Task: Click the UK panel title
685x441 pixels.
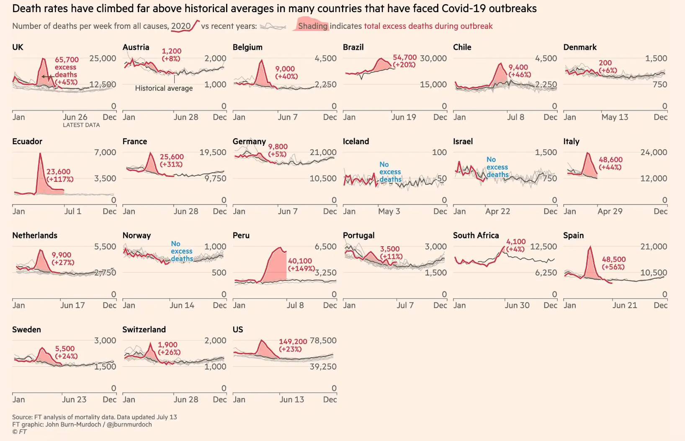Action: (x=18, y=47)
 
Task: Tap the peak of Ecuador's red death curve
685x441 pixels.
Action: (x=40, y=153)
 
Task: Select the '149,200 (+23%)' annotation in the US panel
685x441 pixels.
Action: (x=293, y=345)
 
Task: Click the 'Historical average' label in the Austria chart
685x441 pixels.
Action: (x=164, y=88)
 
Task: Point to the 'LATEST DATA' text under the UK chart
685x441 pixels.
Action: (x=81, y=125)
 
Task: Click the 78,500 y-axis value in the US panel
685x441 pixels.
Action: (x=323, y=341)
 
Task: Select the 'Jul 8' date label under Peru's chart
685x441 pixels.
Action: (x=295, y=305)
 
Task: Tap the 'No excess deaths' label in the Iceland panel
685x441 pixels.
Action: (x=390, y=172)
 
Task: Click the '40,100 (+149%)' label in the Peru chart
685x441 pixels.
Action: (x=301, y=265)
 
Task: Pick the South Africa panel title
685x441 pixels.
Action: (x=476, y=235)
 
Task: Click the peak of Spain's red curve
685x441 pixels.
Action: (x=590, y=247)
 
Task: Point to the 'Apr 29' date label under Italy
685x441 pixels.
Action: (x=610, y=211)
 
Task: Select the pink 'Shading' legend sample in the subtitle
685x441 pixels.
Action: (x=312, y=25)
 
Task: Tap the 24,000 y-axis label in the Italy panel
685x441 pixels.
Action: (x=653, y=153)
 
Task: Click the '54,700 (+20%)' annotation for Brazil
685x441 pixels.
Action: (x=404, y=61)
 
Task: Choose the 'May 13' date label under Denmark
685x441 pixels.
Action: (x=615, y=117)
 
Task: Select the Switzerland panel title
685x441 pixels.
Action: (x=144, y=329)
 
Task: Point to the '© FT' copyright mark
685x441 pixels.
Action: (x=19, y=431)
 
